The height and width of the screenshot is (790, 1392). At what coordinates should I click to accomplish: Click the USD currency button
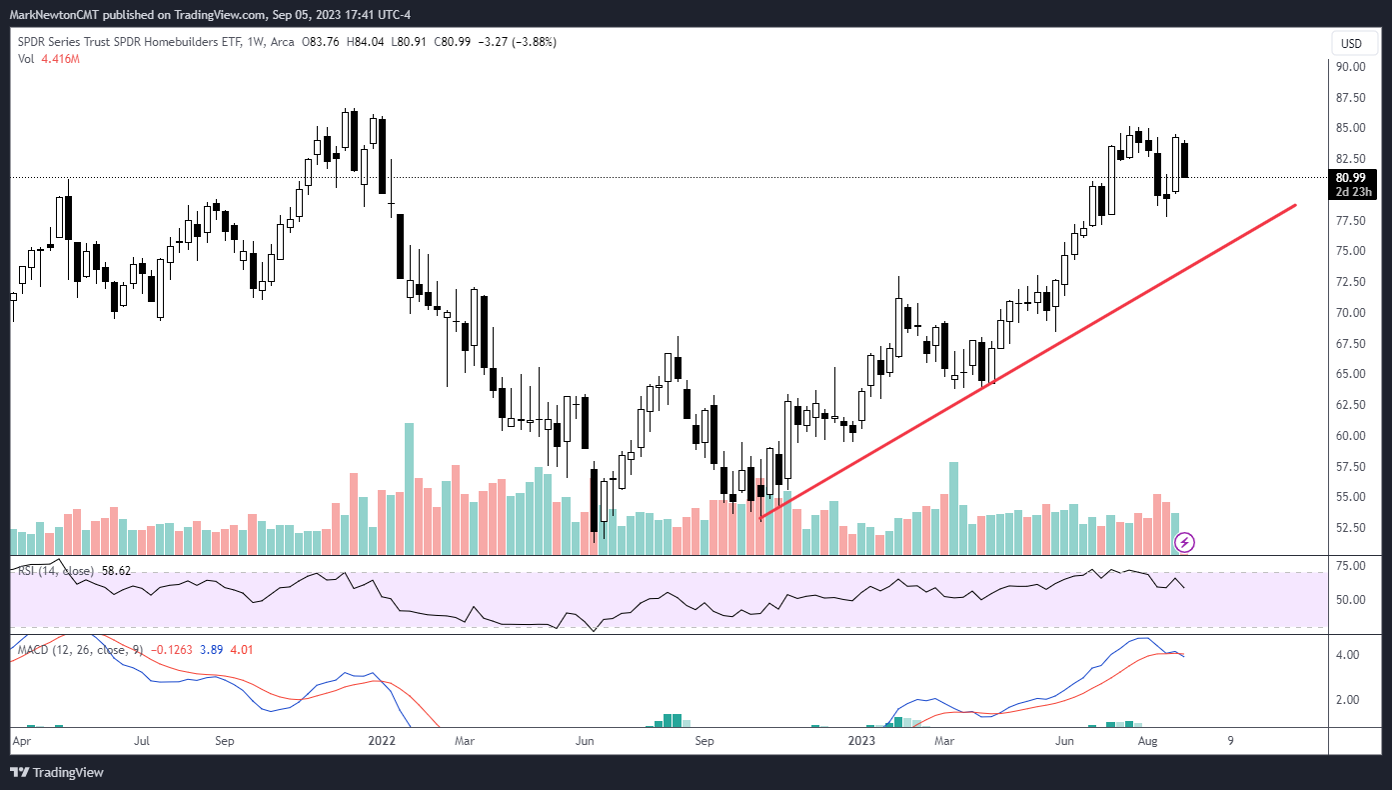click(1350, 44)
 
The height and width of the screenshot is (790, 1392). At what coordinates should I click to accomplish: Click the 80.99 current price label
click(1350, 178)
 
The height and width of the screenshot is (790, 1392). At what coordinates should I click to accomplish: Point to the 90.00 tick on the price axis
click(1350, 67)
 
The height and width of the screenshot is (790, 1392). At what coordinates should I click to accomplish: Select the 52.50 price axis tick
click(1350, 528)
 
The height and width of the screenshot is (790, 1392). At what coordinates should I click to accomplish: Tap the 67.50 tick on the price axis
click(1350, 344)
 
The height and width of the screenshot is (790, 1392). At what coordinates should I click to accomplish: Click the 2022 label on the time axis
click(382, 741)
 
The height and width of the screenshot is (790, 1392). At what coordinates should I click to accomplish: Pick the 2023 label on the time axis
click(861, 741)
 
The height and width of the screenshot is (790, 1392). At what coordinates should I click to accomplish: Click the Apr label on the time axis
click(22, 741)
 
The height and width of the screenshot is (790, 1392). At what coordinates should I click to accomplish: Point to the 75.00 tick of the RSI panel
click(1350, 566)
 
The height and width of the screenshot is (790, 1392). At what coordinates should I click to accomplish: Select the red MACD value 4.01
click(241, 650)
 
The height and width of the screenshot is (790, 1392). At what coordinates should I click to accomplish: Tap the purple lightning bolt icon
click(1184, 542)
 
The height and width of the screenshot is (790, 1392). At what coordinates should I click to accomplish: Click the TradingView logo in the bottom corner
click(57, 772)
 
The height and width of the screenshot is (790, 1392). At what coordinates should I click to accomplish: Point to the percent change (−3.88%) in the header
click(531, 42)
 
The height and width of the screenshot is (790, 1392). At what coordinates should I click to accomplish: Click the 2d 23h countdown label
click(1350, 192)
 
